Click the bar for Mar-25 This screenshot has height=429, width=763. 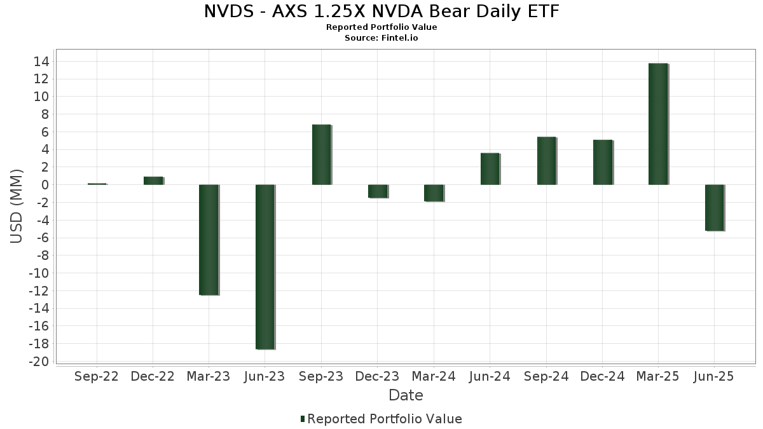(x=658, y=124)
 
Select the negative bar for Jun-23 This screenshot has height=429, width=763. (x=265, y=267)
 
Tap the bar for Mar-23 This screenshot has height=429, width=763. (x=209, y=240)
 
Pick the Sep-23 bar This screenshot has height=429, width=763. (x=322, y=154)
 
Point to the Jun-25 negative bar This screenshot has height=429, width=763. (x=715, y=208)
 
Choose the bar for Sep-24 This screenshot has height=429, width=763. (x=546, y=161)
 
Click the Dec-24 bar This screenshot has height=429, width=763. (x=603, y=162)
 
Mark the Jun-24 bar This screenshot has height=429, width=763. (x=490, y=169)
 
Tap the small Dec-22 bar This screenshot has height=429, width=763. (x=153, y=181)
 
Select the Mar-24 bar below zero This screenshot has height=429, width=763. (x=434, y=193)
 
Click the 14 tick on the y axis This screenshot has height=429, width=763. (x=43, y=62)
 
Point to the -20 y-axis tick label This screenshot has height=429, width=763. (x=40, y=362)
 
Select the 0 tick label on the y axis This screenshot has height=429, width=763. (x=45, y=185)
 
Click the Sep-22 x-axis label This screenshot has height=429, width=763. (x=97, y=377)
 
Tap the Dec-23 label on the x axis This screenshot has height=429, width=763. (x=378, y=377)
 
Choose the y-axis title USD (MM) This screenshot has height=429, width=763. (x=17, y=205)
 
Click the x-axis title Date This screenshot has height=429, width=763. (x=406, y=395)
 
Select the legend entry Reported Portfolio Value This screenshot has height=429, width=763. (x=381, y=419)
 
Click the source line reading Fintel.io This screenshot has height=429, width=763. (x=381, y=38)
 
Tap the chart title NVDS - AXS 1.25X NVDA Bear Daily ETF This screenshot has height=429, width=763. (x=381, y=11)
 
